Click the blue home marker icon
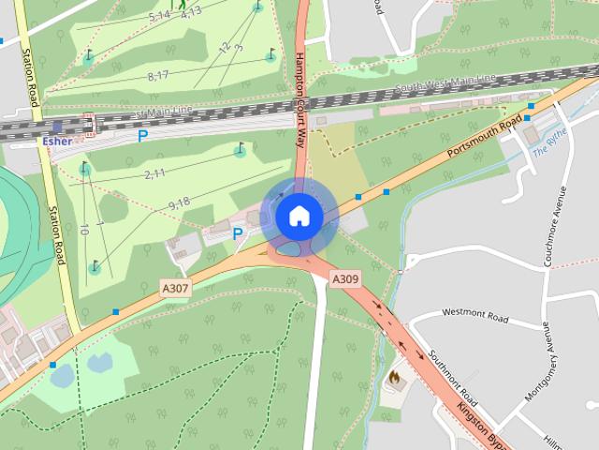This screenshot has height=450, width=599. pyautogui.click(x=299, y=216)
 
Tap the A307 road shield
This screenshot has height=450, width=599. pyautogui.click(x=175, y=289)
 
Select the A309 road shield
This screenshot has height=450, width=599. pyautogui.click(x=345, y=278)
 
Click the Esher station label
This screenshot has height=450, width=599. pyautogui.click(x=57, y=141)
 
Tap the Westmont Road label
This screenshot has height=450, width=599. pyautogui.click(x=475, y=316)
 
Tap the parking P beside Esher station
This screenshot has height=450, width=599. pyautogui.click(x=142, y=136)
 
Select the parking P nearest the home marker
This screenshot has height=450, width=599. pyautogui.click(x=238, y=234)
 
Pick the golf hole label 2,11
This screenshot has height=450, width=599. pyautogui.click(x=154, y=173)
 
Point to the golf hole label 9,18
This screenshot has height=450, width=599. pyautogui.click(x=179, y=202)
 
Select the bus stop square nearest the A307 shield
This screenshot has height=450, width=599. pyautogui.click(x=116, y=311)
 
